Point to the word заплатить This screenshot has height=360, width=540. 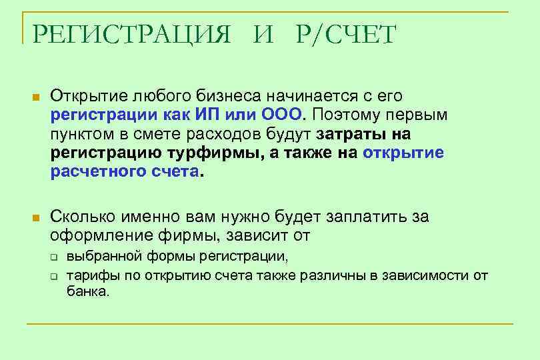click(x=369, y=217)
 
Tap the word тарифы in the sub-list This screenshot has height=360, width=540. click(x=87, y=275)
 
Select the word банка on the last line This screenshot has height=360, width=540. click(x=87, y=291)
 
